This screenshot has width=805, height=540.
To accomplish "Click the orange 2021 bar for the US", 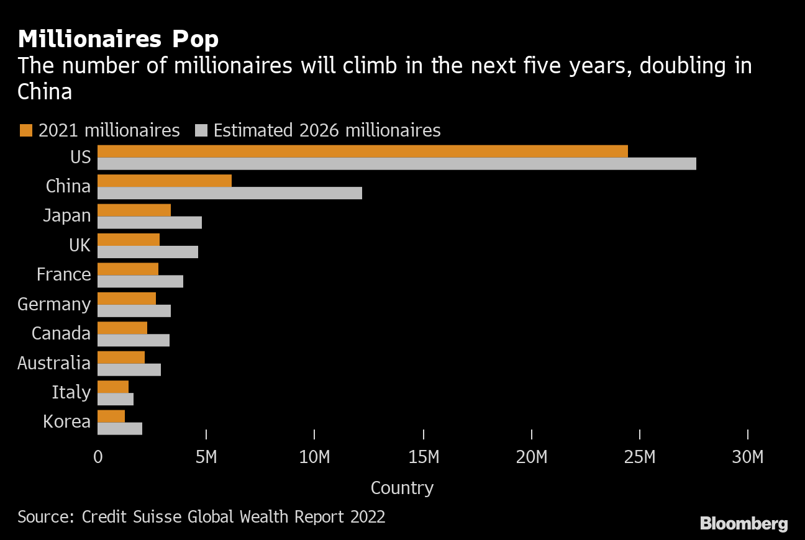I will tap(363, 151).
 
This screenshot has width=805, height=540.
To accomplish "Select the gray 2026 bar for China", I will tap(230, 193).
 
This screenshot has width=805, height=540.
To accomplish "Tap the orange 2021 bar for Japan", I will tap(134, 210).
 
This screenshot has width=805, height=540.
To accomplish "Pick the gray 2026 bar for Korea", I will tap(120, 428).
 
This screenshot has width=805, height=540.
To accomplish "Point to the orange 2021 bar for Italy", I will tap(113, 387).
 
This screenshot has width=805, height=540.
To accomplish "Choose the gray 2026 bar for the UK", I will tap(148, 251).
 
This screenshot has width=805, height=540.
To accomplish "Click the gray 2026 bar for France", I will tap(140, 281).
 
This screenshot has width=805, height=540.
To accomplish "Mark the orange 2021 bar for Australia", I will tap(121, 358).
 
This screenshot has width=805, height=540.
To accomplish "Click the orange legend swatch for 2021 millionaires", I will tap(25, 130).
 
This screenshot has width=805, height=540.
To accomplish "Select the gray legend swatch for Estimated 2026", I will tap(201, 130).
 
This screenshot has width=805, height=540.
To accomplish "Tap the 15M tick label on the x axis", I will tap(423, 457).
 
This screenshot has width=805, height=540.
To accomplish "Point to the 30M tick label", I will tap(747, 457).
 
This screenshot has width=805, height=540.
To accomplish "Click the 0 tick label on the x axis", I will tap(98, 457).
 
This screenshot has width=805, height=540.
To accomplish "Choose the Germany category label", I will tap(54, 304).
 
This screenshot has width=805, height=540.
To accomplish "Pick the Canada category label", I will tap(61, 333).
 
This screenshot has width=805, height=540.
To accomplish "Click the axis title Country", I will tap(402, 488).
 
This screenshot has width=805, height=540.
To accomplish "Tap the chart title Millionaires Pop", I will tap(118, 40).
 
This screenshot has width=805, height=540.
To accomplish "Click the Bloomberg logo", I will tap(744, 523).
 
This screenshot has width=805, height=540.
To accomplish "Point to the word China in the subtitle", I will tap(45, 92).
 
